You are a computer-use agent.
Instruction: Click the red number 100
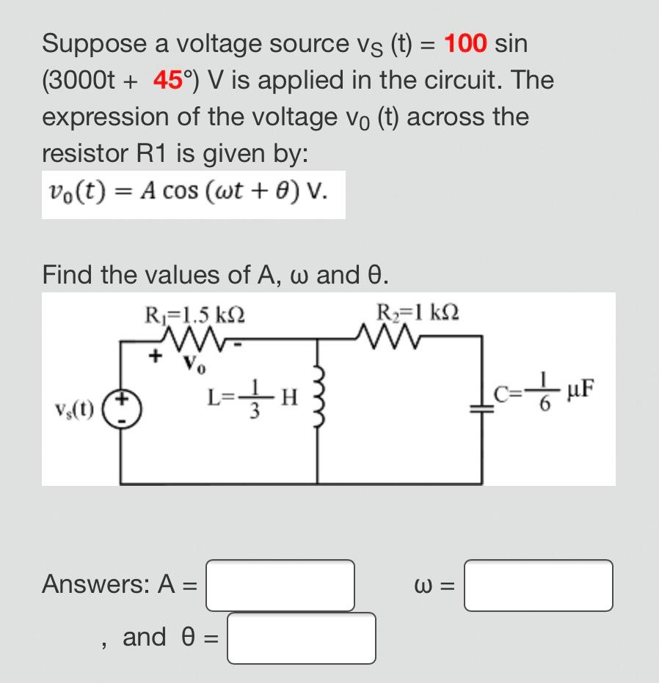click(465, 44)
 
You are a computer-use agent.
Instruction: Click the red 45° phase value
click(170, 81)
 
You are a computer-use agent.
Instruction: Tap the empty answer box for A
click(280, 586)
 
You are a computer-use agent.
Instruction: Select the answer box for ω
click(538, 586)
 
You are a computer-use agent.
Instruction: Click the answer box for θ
click(301, 638)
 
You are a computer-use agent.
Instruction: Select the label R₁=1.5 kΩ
click(194, 315)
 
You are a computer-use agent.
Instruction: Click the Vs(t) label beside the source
click(74, 409)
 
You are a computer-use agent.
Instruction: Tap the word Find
click(68, 275)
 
